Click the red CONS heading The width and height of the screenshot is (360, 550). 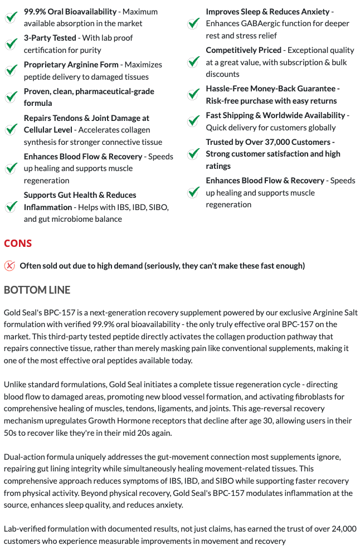[18, 244]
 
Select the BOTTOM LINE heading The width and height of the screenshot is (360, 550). [37, 290]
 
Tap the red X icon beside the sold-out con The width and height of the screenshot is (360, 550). [9, 265]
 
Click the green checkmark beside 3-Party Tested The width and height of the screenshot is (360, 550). [11, 44]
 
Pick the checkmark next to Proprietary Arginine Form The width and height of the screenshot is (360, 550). [11, 71]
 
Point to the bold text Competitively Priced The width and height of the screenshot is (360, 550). [244, 50]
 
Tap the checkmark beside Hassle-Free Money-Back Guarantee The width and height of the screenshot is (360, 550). [193, 95]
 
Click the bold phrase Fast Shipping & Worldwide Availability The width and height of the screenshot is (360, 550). [275, 115]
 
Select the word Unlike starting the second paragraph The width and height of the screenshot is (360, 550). [16, 384]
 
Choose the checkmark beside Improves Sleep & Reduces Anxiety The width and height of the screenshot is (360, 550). [193, 23]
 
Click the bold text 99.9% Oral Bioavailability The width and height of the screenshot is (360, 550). [70, 11]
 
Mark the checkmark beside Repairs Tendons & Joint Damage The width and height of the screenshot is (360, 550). [11, 130]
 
